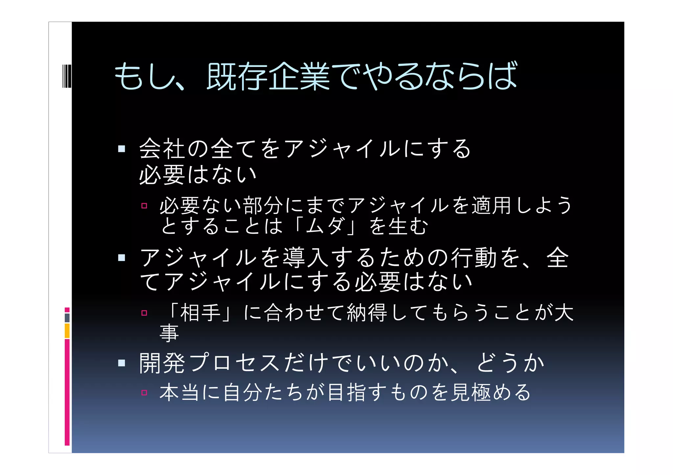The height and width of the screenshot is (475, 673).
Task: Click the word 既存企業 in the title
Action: click(268, 76)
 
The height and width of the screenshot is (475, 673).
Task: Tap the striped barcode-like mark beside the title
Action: click(67, 76)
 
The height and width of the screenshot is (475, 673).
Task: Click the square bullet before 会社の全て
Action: click(122, 149)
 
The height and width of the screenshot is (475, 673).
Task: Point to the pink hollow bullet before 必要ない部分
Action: click(144, 206)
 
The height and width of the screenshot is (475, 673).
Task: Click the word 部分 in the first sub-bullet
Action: click(263, 206)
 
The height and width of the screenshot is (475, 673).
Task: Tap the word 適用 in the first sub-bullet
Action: click(491, 206)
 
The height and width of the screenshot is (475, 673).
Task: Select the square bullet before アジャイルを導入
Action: click(122, 258)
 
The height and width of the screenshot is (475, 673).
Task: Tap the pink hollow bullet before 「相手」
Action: click(144, 313)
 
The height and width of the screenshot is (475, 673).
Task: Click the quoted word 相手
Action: click(200, 313)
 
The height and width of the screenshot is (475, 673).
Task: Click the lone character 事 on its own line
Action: click(169, 333)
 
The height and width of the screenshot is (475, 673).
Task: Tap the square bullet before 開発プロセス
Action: click(122, 363)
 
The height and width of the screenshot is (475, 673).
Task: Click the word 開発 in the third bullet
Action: click(162, 363)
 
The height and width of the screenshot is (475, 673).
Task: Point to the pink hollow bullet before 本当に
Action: click(144, 393)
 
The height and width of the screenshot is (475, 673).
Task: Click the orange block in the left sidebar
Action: click(67, 331)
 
